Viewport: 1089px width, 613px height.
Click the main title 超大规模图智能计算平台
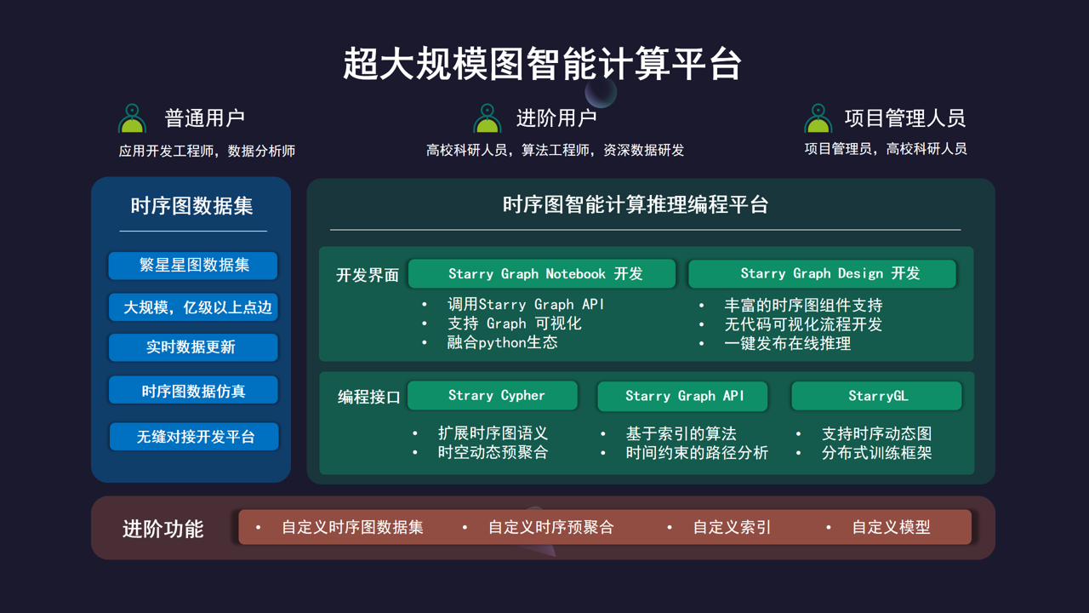coord(542,64)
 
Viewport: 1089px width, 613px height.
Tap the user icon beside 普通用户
coord(132,118)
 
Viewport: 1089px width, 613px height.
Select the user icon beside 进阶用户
coord(487,118)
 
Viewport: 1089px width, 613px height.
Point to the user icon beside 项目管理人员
coord(818,118)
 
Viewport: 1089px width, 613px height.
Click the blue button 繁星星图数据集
coord(193,265)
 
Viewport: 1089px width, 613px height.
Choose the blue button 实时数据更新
coord(193,347)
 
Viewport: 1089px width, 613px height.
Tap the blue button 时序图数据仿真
coord(193,390)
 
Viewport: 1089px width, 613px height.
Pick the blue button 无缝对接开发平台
coord(194,437)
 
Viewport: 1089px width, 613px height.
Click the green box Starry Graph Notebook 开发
coord(542,273)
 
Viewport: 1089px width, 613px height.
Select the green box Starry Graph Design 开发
coord(822,273)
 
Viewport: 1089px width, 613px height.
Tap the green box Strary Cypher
coord(493,396)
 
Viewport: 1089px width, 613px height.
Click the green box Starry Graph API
coord(682,396)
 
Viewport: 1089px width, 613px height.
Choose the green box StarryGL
coord(876,396)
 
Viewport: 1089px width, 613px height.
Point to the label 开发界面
coord(368,275)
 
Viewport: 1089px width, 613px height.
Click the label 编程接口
coord(369,397)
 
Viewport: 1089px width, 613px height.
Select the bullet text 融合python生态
coord(502,342)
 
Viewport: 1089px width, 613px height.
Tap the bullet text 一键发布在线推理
coord(788,343)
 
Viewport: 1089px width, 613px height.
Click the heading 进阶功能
coord(162,529)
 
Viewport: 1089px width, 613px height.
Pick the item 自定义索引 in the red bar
coord(732,527)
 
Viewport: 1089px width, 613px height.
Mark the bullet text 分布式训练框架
coord(876,453)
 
